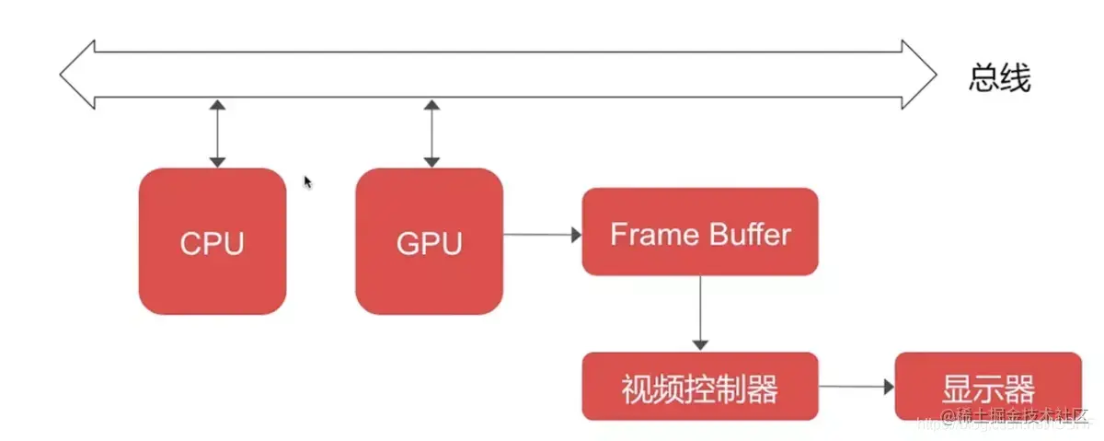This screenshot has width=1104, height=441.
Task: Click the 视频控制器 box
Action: pyautogui.click(x=699, y=387)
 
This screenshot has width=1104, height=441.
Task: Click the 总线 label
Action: pyautogui.click(x=999, y=79)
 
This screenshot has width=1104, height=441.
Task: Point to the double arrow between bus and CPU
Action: pyautogui.click(x=217, y=134)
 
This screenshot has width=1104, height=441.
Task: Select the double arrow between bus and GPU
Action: pyautogui.click(x=430, y=134)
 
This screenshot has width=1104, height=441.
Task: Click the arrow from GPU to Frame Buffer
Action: pyautogui.click(x=542, y=235)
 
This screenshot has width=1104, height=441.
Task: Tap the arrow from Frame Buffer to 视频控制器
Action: pyautogui.click(x=701, y=313)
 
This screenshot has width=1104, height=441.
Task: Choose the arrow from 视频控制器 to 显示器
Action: pyautogui.click(x=856, y=388)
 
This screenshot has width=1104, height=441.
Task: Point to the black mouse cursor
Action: pyautogui.click(x=308, y=182)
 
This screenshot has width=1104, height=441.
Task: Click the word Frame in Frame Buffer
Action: pyautogui.click(x=651, y=234)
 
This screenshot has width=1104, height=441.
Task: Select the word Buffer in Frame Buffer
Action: pyautogui.click(x=745, y=234)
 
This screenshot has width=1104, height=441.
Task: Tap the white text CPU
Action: pyautogui.click(x=213, y=244)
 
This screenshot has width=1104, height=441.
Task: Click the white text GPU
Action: pyautogui.click(x=429, y=244)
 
